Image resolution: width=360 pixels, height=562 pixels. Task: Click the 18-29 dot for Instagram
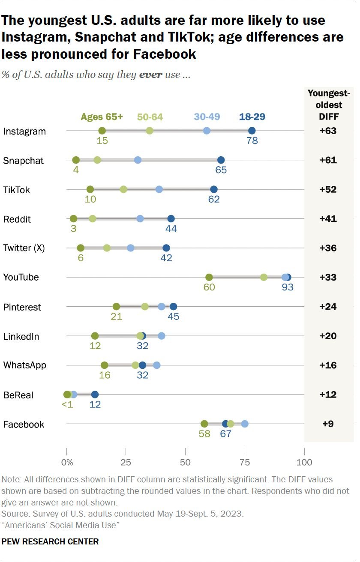(x=252, y=131)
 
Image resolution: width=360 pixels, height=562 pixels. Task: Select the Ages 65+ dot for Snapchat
(x=76, y=160)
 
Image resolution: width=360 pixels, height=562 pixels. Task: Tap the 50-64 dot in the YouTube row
(x=264, y=277)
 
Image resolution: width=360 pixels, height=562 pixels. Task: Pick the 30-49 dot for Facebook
(x=245, y=424)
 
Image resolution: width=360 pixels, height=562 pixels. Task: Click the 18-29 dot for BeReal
(x=95, y=395)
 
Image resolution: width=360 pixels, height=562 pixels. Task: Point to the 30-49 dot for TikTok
(x=159, y=189)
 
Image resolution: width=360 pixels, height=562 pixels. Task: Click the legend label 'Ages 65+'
(x=102, y=117)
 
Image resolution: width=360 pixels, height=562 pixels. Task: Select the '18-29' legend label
(x=252, y=117)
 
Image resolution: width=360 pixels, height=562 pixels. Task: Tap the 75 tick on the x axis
(x=245, y=463)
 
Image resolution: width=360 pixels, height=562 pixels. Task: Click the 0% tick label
(x=67, y=463)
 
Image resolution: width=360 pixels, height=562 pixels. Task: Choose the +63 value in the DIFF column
(x=328, y=131)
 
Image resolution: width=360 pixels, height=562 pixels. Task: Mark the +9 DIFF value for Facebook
(x=328, y=424)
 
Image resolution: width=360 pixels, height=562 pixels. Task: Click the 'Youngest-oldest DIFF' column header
(x=328, y=105)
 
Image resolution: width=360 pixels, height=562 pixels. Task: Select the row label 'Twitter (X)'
(x=24, y=248)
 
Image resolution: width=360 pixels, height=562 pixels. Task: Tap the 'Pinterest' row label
(x=22, y=307)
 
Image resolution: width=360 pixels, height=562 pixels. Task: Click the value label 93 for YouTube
(x=288, y=287)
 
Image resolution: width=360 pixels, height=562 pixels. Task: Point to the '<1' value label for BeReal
(x=67, y=405)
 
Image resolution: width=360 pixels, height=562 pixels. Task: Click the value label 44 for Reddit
(x=171, y=229)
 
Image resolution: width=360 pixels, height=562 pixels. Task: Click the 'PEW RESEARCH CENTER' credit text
(x=50, y=541)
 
